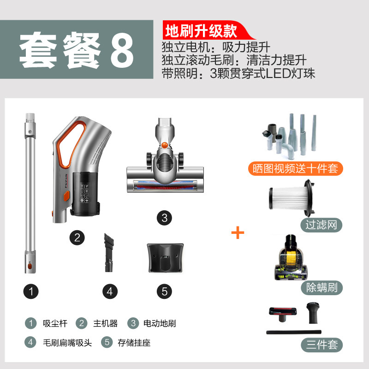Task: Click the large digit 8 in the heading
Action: (122, 50)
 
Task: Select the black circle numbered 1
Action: (31, 292)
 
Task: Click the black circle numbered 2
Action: (77, 238)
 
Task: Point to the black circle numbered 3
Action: (164, 218)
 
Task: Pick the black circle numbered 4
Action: (110, 292)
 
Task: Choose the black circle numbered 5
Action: (164, 292)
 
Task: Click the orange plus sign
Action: (238, 232)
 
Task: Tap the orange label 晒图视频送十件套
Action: (295, 168)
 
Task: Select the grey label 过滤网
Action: (321, 225)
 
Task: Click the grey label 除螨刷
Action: (321, 287)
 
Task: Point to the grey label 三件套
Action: (321, 345)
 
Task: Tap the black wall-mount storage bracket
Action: (165, 258)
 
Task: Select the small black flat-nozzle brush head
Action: (108, 252)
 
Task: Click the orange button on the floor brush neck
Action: (165, 145)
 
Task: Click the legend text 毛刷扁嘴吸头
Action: (67, 343)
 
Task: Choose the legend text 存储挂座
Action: (134, 343)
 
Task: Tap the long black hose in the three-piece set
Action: (294, 332)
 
